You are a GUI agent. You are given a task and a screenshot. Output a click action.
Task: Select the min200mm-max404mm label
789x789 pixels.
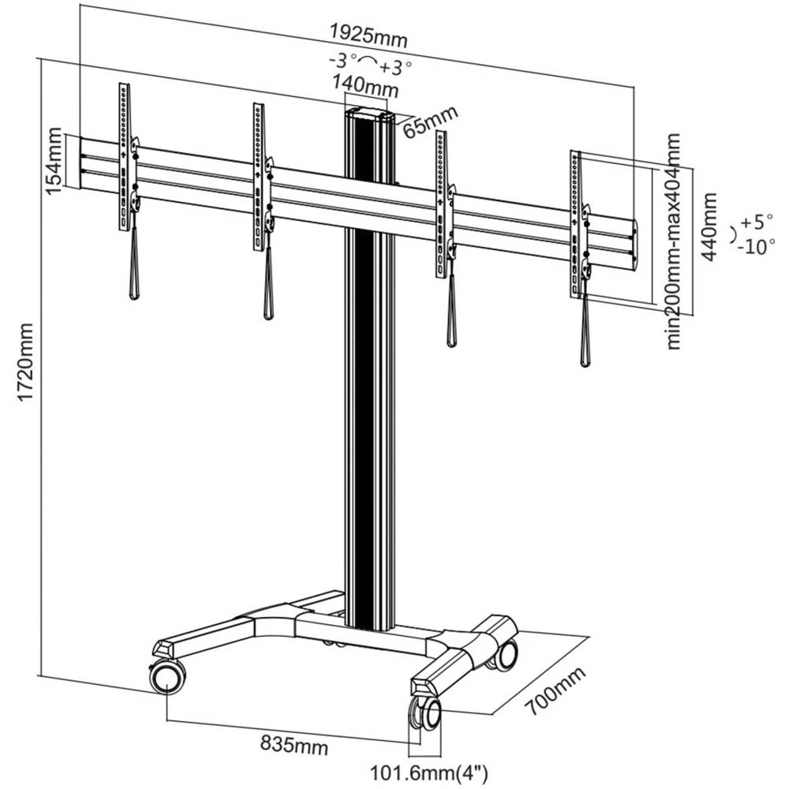[x=673, y=241]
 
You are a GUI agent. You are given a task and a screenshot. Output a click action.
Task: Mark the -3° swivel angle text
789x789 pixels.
[x=345, y=61]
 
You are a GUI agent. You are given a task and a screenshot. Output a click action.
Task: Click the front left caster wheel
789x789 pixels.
[x=168, y=676]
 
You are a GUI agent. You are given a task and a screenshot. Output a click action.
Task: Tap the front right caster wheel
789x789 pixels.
[x=425, y=716]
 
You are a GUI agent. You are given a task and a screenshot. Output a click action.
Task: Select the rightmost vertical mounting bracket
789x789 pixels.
[x=575, y=224]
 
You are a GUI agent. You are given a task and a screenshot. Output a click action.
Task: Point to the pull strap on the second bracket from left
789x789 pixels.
[x=268, y=284]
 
